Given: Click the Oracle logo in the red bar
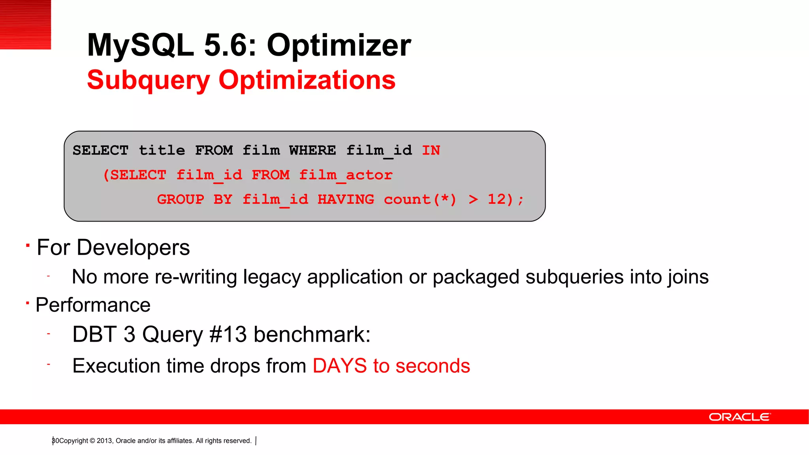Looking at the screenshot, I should tap(739, 417).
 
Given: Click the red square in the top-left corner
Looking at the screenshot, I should tap(25, 24).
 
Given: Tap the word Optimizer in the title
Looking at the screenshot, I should tap(339, 45).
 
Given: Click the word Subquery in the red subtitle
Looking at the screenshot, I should tap(149, 81).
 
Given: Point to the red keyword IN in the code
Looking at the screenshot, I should tap(431, 150).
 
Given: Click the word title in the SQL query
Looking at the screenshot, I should tap(162, 150).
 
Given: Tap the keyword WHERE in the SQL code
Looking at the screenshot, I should tap(312, 150).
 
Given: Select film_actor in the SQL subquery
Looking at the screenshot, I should tap(346, 175).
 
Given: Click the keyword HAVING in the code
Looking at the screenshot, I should tap(346, 199).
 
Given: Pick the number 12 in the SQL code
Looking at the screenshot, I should tap(497, 199).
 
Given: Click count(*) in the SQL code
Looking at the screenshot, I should tap(420, 199).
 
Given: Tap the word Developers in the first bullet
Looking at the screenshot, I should tap(133, 248).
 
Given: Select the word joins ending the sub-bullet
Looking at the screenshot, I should tap(688, 277).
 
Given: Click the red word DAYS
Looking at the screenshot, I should tap(340, 366).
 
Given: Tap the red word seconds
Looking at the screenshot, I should tap(433, 366).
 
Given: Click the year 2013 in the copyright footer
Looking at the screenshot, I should tap(104, 441).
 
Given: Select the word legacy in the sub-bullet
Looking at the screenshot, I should tap(272, 277).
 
